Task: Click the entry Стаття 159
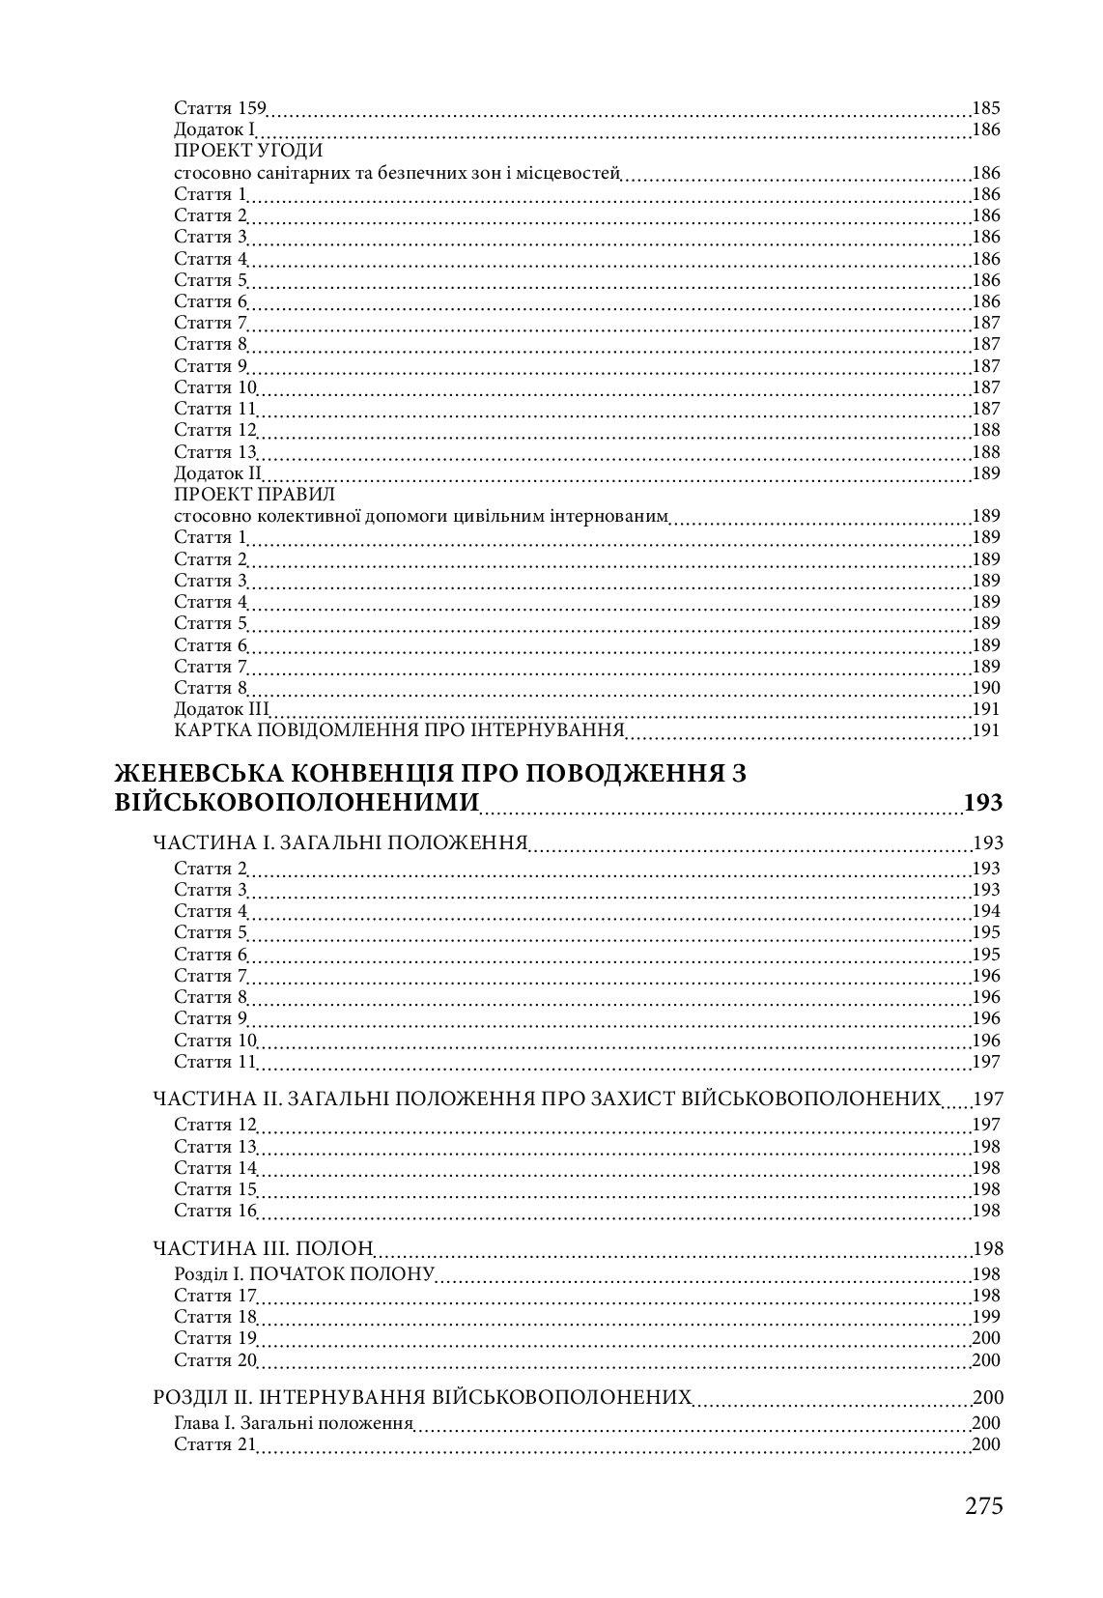pos(219,108)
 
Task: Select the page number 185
pos(986,108)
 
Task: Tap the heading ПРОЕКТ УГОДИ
pos(248,152)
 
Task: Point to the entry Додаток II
pos(218,473)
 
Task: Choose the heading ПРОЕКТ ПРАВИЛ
pos(254,495)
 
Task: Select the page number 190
pos(986,688)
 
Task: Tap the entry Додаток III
pos(221,710)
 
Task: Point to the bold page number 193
pos(983,802)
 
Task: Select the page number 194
pos(986,911)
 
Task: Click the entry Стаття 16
pos(215,1211)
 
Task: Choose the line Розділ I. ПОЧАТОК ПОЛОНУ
pos(304,1274)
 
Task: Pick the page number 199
pos(986,1317)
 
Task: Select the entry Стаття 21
pos(215,1444)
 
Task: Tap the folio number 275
pos(983,1505)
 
